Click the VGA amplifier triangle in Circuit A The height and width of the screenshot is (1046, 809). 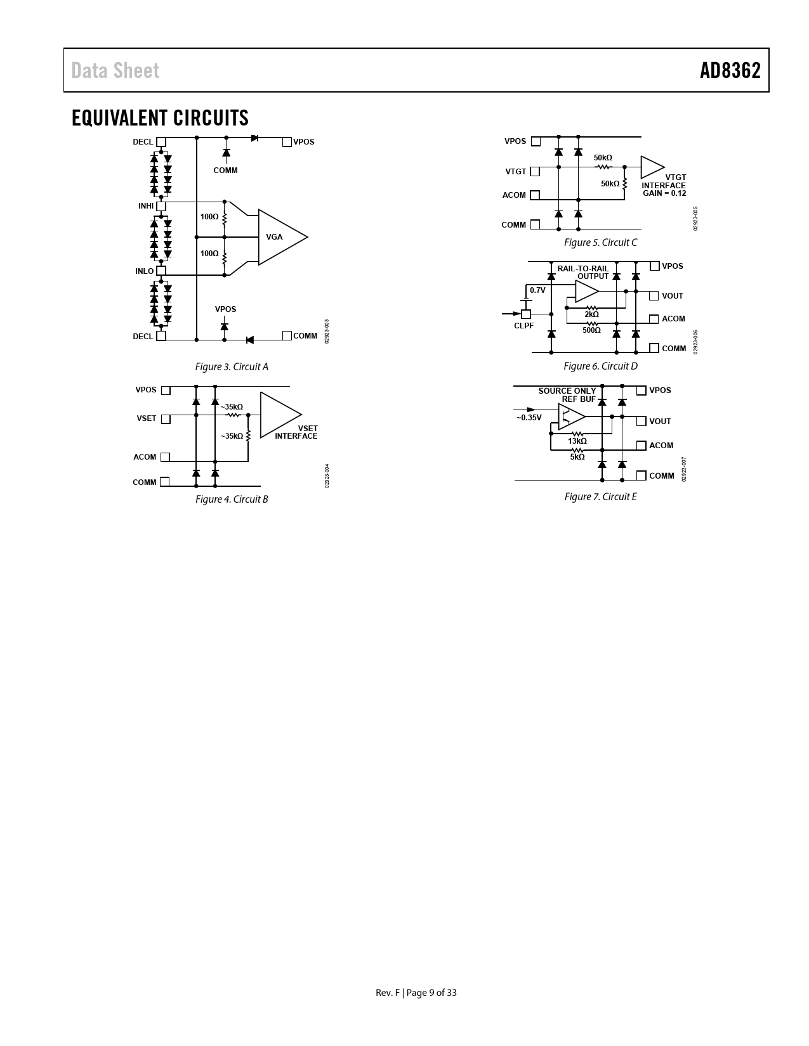tap(282, 237)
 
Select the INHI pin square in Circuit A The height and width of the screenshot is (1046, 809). tap(161, 206)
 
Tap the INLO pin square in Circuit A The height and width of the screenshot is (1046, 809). tap(161, 271)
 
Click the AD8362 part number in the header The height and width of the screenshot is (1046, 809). tap(730, 70)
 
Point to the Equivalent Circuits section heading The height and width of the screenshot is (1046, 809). tap(160, 118)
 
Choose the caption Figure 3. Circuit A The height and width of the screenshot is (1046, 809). tap(232, 367)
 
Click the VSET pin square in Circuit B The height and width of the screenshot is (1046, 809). tap(166, 419)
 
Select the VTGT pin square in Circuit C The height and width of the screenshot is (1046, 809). tap(535, 171)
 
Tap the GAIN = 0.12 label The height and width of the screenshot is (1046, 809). tap(664, 193)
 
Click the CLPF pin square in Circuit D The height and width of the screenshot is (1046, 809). tap(526, 314)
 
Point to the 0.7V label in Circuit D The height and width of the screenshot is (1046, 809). tap(537, 290)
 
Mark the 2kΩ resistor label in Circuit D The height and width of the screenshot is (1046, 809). tap(592, 314)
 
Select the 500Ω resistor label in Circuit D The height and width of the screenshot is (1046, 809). tap(592, 330)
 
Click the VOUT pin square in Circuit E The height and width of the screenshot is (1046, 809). tap(641, 421)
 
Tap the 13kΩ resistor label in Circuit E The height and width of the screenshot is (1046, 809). tap(577, 441)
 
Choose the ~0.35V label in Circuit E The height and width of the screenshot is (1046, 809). tap(529, 417)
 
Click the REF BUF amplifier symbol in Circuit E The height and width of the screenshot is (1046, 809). tap(572, 416)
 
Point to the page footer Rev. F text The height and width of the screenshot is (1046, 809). tap(388, 992)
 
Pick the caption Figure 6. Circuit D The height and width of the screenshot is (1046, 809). tap(600, 366)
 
